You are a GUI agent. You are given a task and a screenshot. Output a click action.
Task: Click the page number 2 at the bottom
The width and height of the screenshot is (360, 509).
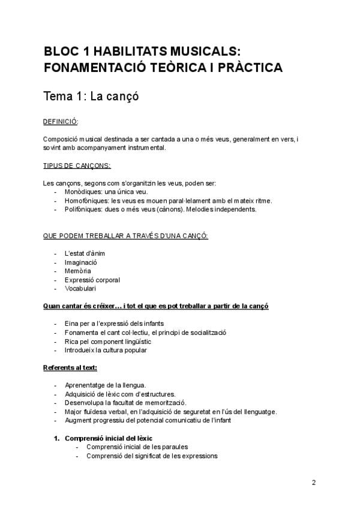click(314, 483)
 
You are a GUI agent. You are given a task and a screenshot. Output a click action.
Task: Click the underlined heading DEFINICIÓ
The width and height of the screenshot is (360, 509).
click(61, 122)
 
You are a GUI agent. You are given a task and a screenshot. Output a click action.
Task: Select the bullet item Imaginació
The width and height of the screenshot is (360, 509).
click(81, 262)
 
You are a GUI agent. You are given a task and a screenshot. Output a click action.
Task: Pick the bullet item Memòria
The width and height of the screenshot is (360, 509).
click(78, 271)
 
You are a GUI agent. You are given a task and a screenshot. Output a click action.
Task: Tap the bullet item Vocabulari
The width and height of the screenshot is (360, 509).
click(80, 288)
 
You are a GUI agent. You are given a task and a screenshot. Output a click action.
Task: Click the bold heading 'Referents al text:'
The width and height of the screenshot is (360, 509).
click(70, 367)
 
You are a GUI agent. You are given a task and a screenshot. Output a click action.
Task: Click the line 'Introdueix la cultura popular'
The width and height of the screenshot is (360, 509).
click(106, 350)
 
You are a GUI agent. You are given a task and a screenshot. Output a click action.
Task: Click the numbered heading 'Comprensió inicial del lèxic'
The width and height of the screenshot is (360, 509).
click(113, 438)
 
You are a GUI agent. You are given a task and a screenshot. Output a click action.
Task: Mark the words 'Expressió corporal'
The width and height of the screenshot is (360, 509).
click(92, 280)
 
